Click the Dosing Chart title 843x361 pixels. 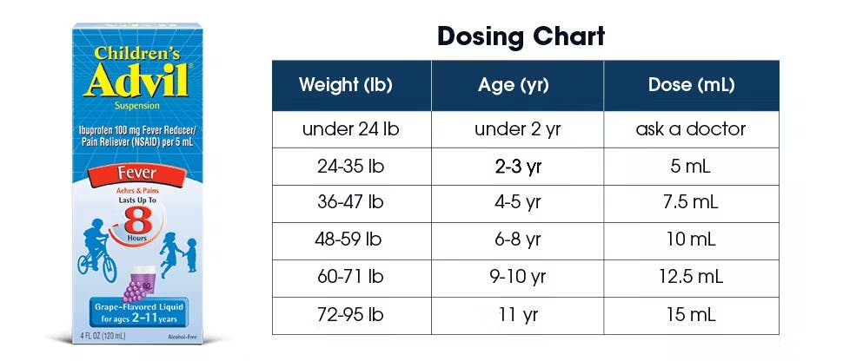click(521, 36)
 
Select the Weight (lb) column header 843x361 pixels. click(346, 85)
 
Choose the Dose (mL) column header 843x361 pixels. click(691, 85)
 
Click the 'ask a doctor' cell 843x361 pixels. click(691, 129)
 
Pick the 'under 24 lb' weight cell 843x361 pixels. click(351, 129)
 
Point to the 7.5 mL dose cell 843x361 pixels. click(693, 203)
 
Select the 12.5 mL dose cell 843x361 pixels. click(693, 278)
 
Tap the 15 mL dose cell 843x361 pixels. click(693, 315)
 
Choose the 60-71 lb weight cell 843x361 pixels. click(351, 278)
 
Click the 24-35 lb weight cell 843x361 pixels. click(351, 167)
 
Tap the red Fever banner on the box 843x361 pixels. click(136, 174)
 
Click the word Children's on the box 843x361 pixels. click(136, 53)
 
